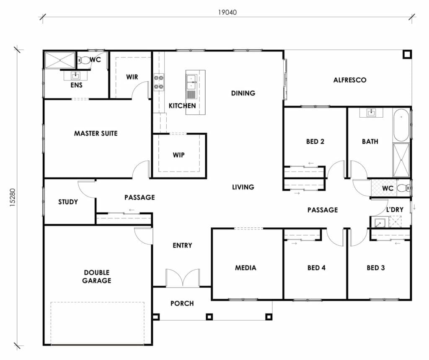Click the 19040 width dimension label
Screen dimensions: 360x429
[227, 12]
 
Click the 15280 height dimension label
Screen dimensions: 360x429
[13, 195]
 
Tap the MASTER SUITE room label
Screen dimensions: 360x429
[96, 134]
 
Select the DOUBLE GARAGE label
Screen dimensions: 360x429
[96, 277]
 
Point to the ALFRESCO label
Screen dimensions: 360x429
[350, 80]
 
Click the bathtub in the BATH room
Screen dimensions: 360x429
[401, 125]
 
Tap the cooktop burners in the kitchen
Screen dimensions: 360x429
[159, 82]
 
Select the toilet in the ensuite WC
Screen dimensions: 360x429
[84, 60]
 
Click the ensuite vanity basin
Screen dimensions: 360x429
[75, 76]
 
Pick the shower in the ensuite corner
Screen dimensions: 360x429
[60, 60]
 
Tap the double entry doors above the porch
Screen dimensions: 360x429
[182, 278]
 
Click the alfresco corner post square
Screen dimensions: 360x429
[406, 54]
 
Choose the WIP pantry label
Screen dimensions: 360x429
[178, 155]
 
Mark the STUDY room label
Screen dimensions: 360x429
[68, 202]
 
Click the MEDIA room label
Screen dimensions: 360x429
[245, 268]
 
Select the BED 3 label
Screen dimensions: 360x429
[375, 268]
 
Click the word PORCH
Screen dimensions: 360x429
[182, 303]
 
